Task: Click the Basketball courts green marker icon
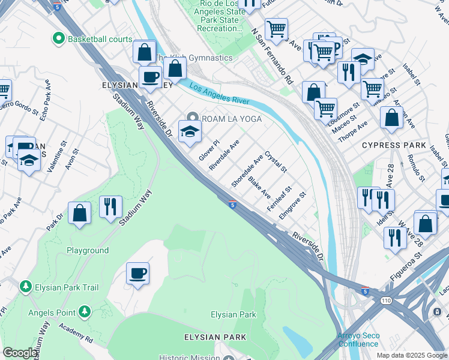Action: coord(59,39)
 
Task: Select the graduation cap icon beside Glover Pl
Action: coord(190,131)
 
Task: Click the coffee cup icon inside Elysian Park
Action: coord(137,274)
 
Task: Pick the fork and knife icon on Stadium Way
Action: coord(110,207)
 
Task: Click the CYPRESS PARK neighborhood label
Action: coord(394,146)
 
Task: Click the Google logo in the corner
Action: coord(20,353)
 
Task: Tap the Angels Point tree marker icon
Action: coord(85,312)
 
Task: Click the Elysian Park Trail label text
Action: coord(66,287)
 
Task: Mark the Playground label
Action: coord(88,250)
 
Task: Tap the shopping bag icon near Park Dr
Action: coord(79,214)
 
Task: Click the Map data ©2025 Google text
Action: coord(412,355)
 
